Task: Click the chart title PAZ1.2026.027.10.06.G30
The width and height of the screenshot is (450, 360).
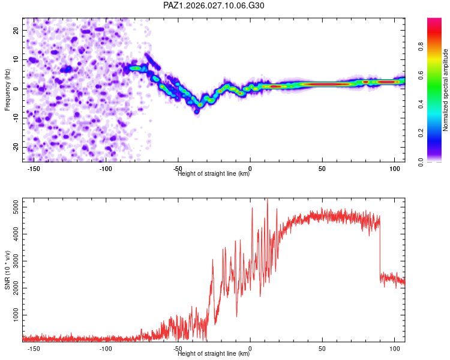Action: click(214, 5)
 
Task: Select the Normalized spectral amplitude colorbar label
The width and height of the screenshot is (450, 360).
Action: click(446, 91)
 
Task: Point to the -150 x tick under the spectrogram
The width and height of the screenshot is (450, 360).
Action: click(34, 169)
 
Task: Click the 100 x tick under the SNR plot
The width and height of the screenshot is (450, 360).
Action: click(395, 349)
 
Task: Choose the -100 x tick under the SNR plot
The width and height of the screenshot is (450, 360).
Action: click(106, 349)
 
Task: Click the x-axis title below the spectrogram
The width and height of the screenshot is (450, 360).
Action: click(214, 174)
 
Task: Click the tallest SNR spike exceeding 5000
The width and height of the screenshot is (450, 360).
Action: click(267, 200)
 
